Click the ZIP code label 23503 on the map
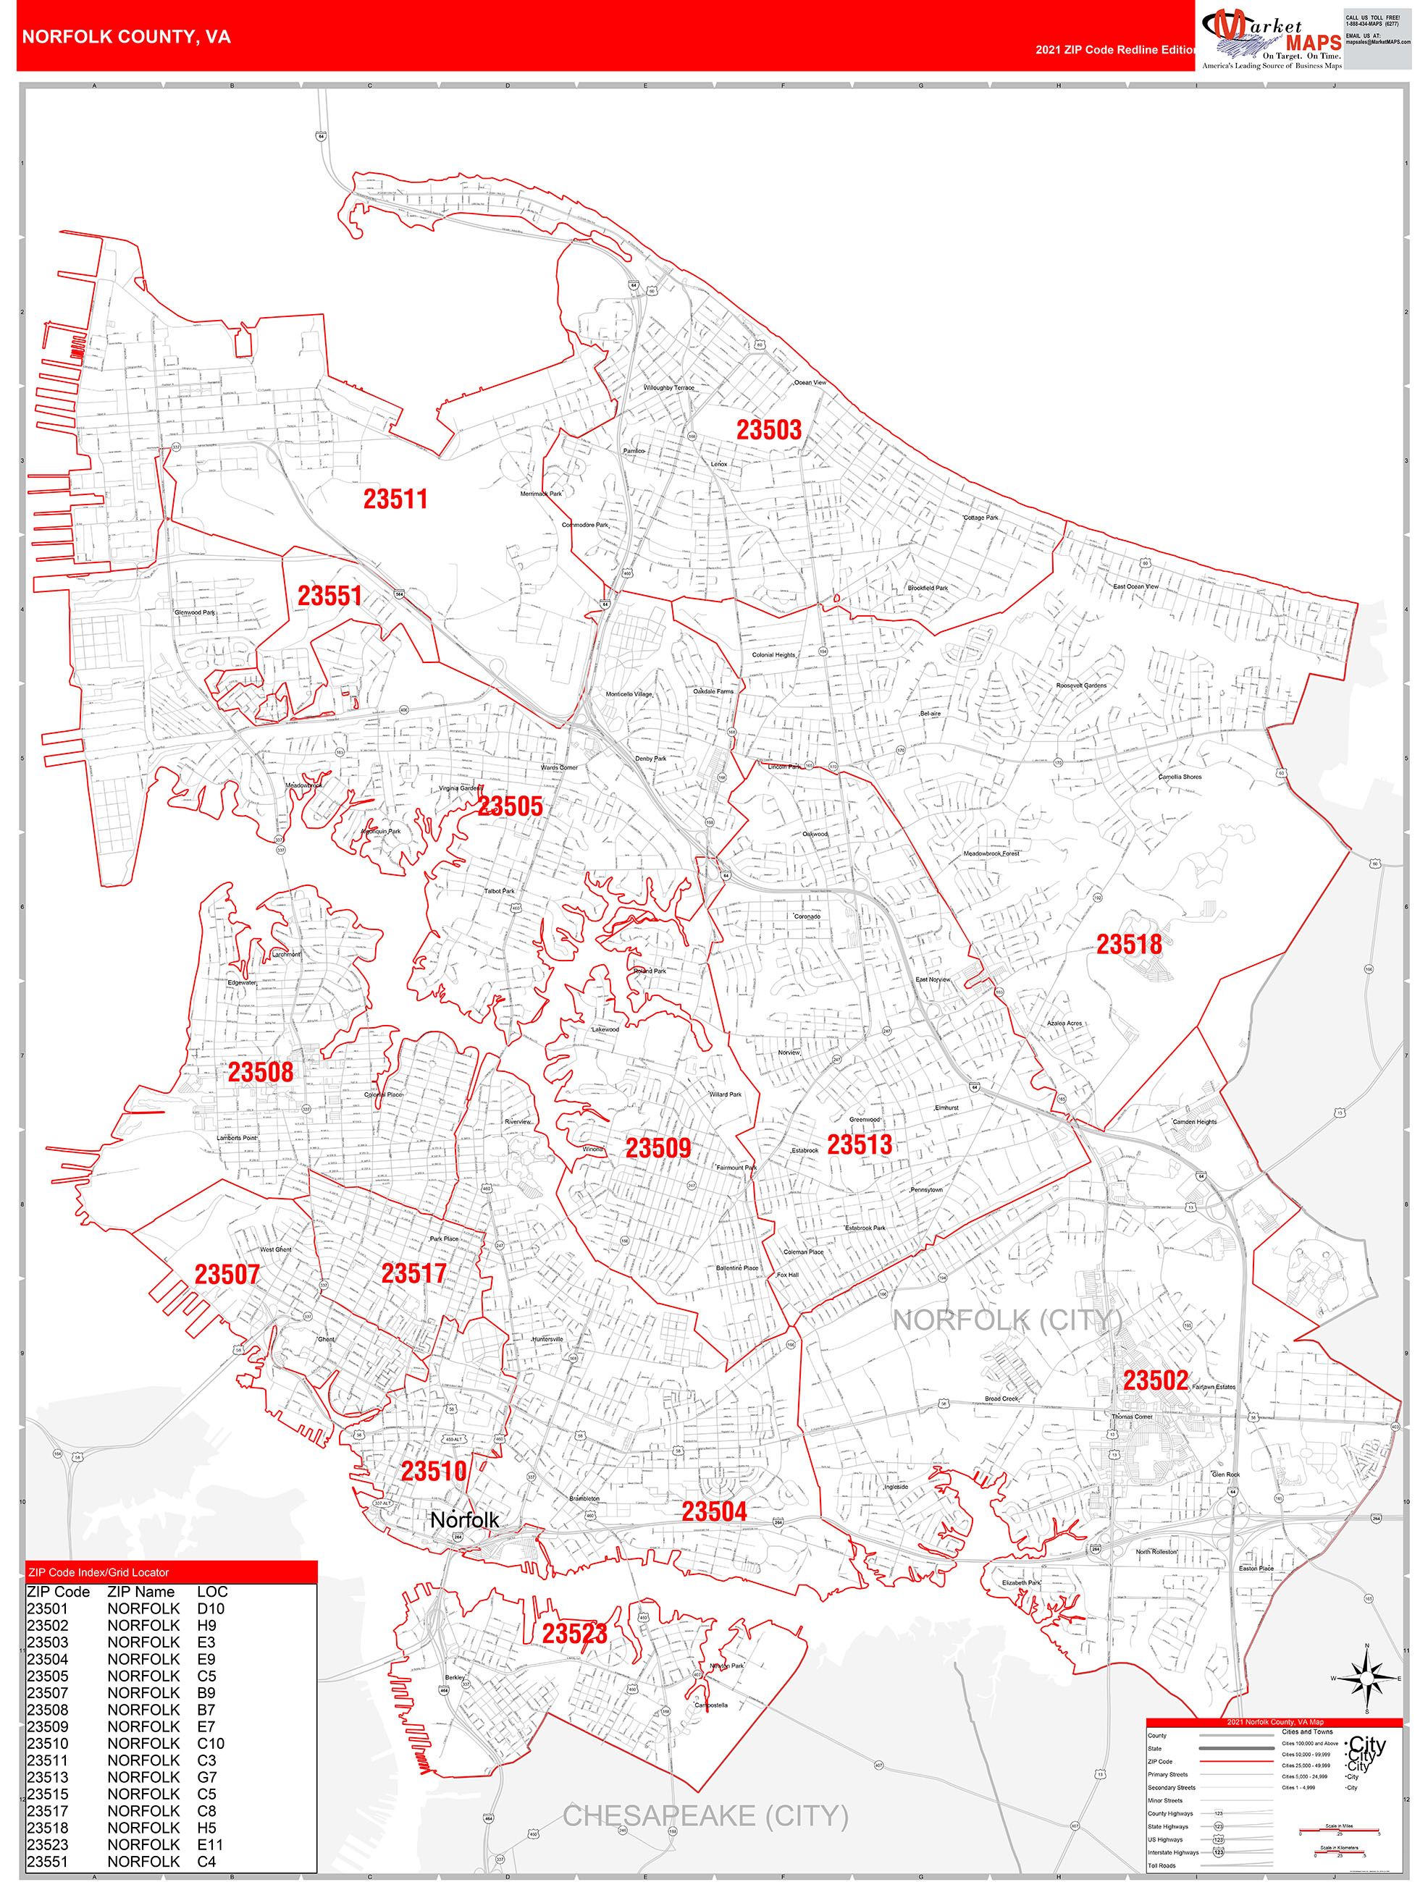point(768,431)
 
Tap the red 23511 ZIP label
point(395,499)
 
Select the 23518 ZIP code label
point(1128,945)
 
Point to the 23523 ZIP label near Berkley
point(574,1634)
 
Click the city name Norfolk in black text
point(465,1519)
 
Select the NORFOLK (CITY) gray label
point(1007,1320)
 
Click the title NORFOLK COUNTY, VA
point(126,37)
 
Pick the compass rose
point(1366,1678)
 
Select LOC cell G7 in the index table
point(207,1777)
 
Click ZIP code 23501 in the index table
point(48,1609)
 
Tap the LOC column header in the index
point(212,1592)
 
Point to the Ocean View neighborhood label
point(810,383)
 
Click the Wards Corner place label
point(559,767)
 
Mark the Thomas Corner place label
point(1132,1417)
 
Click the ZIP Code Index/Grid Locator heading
point(98,1572)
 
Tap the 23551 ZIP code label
point(329,596)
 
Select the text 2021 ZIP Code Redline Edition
point(1115,49)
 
